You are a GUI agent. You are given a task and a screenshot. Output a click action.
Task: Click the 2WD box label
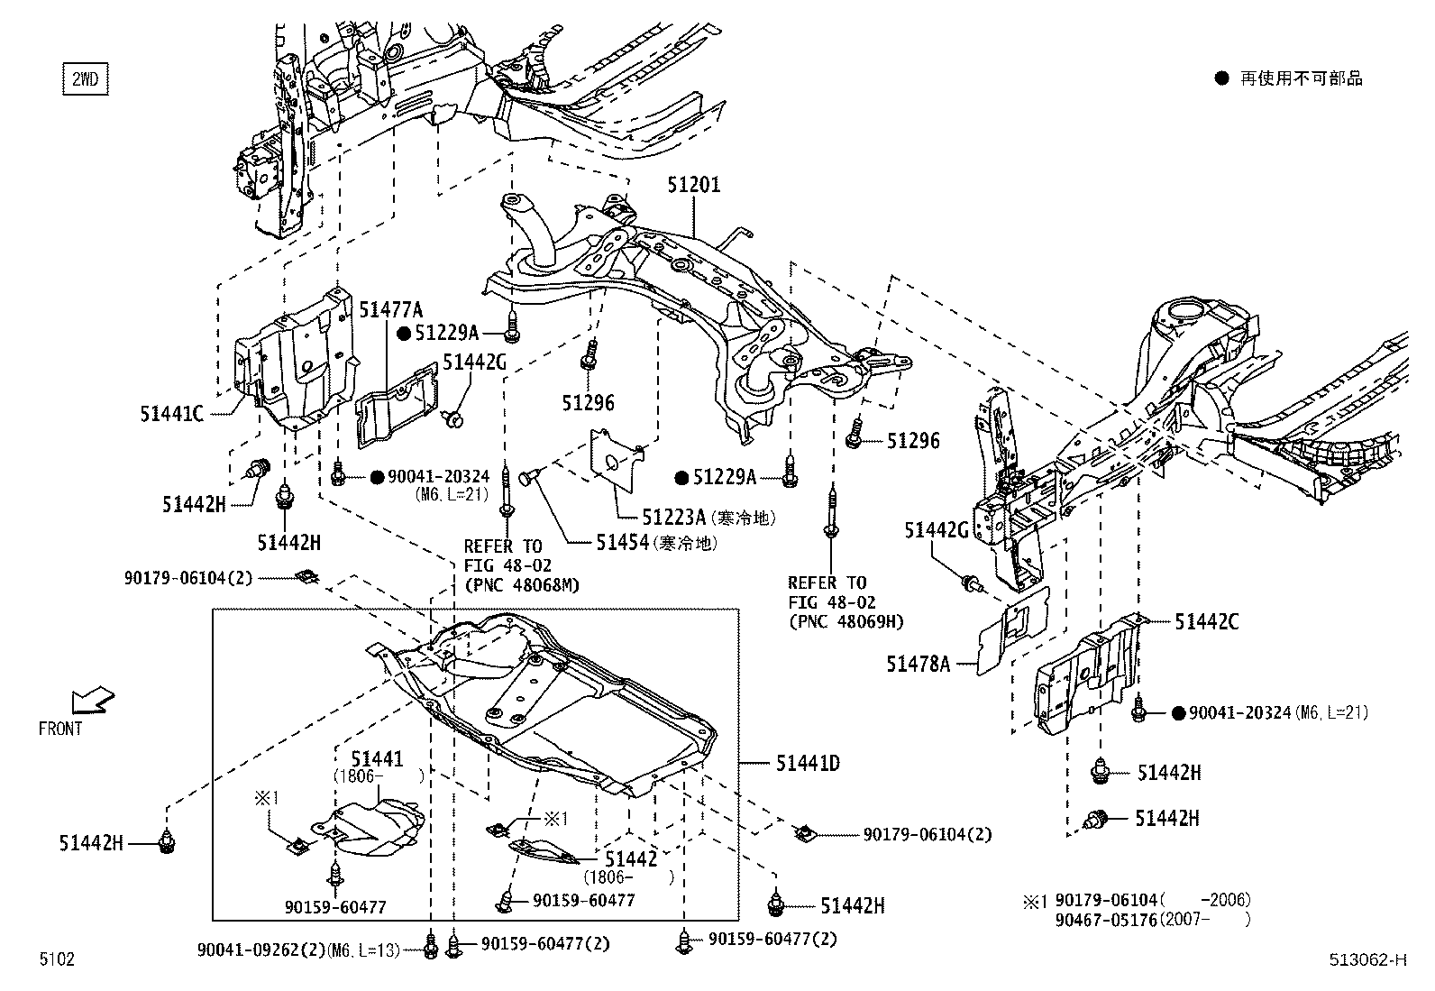(x=84, y=79)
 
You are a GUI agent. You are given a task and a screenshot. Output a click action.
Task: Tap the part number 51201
(x=693, y=186)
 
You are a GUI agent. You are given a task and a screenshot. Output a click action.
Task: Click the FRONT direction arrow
(x=93, y=699)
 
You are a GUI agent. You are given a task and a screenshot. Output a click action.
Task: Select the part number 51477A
(x=390, y=310)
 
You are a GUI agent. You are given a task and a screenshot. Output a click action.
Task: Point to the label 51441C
(x=171, y=414)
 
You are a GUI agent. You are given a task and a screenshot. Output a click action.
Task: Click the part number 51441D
(x=808, y=764)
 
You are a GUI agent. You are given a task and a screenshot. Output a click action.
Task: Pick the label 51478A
(x=918, y=665)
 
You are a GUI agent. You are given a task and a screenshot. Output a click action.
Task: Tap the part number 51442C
(x=1206, y=622)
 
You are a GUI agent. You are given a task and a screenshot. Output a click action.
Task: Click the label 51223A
(x=672, y=518)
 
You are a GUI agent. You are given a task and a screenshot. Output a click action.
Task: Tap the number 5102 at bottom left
(x=56, y=959)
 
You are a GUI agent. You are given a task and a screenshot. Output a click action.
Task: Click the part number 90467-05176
(x=1105, y=920)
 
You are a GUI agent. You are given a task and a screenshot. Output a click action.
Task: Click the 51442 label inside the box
(x=631, y=859)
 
